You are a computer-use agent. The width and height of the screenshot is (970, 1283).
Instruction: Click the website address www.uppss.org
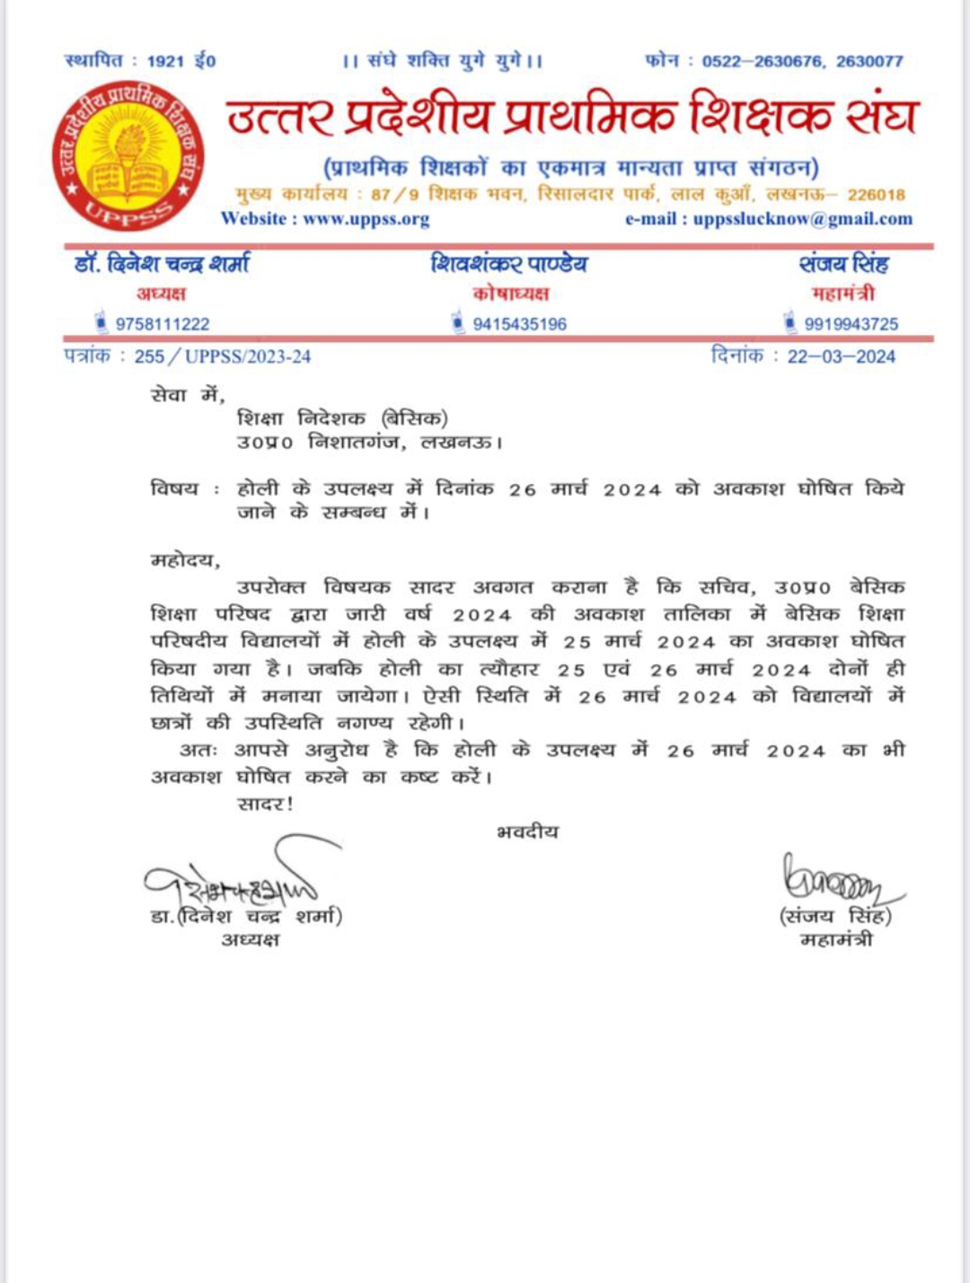coord(366,219)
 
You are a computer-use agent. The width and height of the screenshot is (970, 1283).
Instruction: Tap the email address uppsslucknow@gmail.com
coord(802,219)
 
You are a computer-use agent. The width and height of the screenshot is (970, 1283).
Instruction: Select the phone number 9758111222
coord(162,324)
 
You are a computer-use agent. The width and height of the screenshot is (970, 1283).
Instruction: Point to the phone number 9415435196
coord(519,324)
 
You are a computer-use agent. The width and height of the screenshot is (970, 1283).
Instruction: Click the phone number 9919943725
coord(851,324)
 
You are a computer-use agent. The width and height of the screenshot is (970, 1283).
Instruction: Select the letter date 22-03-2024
coord(841,356)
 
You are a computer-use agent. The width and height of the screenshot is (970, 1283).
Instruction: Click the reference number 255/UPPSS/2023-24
coord(222,356)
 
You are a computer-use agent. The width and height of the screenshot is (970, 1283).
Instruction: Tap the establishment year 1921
coord(165,61)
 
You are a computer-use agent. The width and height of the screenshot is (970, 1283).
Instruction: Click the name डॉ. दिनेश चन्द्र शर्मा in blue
coord(162,264)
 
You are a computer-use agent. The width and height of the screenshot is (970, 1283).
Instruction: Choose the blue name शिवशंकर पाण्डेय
coord(509,264)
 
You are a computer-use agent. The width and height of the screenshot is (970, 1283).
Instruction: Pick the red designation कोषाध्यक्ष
coord(510,294)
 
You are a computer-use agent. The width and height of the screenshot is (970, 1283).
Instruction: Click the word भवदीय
coord(527,832)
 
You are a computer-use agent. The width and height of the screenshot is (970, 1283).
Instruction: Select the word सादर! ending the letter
coord(265,804)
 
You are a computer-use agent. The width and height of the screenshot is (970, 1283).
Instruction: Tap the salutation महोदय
coord(185,560)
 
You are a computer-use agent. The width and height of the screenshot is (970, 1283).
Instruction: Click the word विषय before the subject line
coord(174,489)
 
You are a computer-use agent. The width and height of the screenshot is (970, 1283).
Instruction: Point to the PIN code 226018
coord(876,195)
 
